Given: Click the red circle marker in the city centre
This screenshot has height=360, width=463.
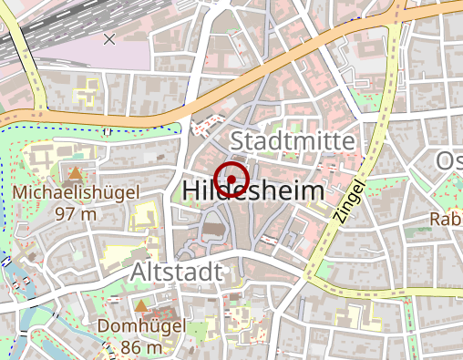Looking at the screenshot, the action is click(x=231, y=177).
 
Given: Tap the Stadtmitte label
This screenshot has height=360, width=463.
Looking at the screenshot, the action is click(x=292, y=141).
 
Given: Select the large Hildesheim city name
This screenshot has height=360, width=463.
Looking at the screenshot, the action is click(x=253, y=190).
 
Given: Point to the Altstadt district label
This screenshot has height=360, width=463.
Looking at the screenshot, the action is click(x=175, y=272).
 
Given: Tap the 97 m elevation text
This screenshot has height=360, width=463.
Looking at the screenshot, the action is click(x=75, y=214).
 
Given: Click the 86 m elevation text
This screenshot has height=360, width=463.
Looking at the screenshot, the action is click(x=141, y=347).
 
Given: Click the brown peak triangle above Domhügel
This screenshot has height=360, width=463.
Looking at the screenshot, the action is click(x=141, y=304).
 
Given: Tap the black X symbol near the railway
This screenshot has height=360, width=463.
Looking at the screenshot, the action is click(x=110, y=38).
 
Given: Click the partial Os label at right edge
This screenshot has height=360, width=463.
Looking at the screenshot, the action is click(x=449, y=161).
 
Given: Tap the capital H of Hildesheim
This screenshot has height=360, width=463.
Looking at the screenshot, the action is click(x=191, y=190).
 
